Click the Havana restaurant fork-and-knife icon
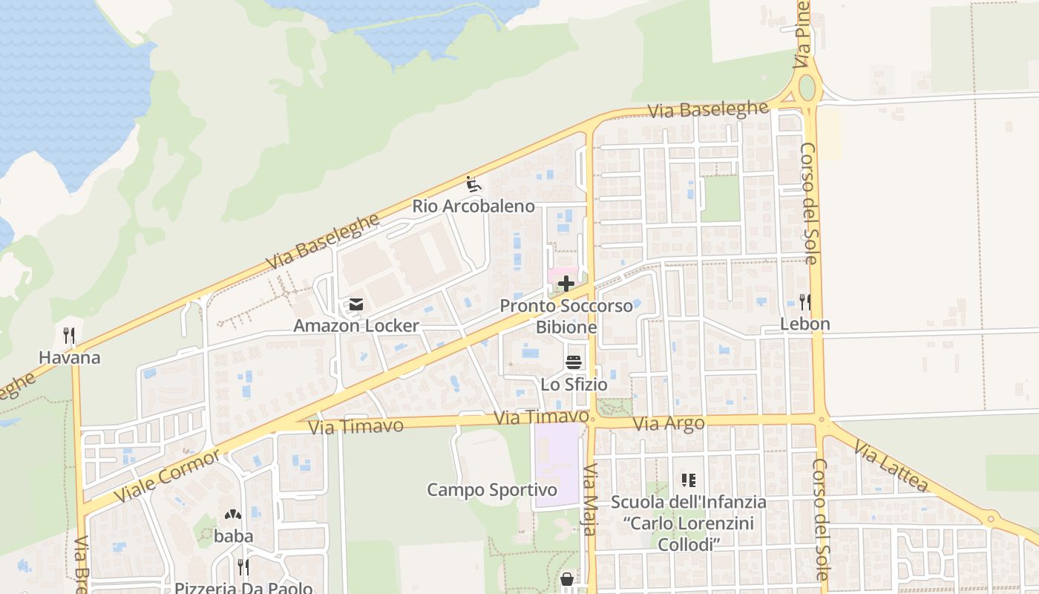pos(69,336)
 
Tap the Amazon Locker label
pos(356,326)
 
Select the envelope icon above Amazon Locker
pos(356,304)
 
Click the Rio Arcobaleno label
pos(473,206)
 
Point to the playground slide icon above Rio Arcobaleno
pos(472,183)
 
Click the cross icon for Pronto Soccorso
pos(566,284)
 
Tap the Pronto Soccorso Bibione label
pos(566,316)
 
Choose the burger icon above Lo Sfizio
pos(574,362)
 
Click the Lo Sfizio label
pos(574,385)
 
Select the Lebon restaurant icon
pos(804,301)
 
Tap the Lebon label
pos(804,324)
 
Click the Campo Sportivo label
pos(491,490)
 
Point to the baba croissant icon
pos(233,514)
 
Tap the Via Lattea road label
pos(891,466)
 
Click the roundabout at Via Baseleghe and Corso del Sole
pos(807,88)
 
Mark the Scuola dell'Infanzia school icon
pos(688,480)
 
